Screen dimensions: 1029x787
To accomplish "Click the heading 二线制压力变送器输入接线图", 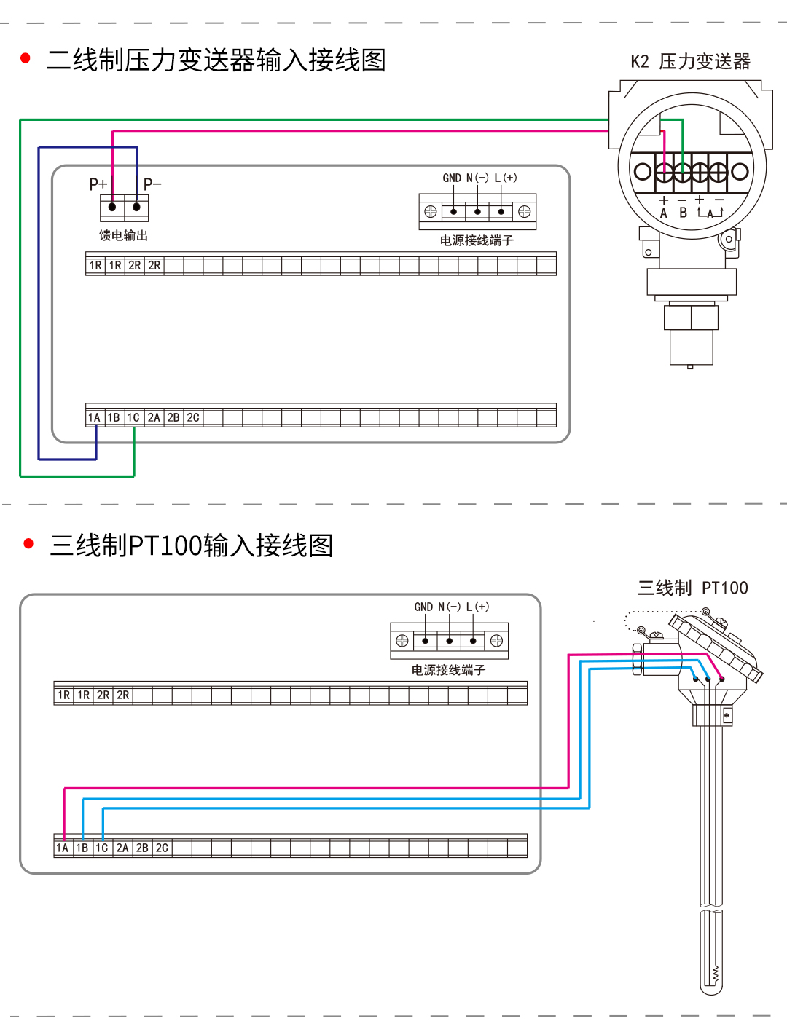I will pyautogui.click(x=216, y=60).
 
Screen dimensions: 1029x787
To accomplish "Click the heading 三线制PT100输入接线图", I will pyautogui.click(x=191, y=545).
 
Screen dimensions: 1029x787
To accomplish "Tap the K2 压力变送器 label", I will pyautogui.click(x=690, y=62).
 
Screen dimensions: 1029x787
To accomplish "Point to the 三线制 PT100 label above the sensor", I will pyautogui.click(x=692, y=588).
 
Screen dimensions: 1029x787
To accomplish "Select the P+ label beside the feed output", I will pyautogui.click(x=98, y=184).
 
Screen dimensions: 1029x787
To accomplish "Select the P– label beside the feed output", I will pyautogui.click(x=152, y=184).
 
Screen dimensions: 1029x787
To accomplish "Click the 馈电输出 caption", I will pyautogui.click(x=123, y=235).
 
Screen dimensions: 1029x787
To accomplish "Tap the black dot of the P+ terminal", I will pyautogui.click(x=112, y=208).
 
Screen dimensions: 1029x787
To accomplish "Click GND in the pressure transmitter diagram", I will pyautogui.click(x=452, y=178).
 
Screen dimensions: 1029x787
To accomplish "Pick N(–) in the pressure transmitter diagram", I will pyautogui.click(x=477, y=178).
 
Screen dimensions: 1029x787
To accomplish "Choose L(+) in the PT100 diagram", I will pyautogui.click(x=477, y=607).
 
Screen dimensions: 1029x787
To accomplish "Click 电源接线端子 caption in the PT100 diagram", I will pyautogui.click(x=448, y=670).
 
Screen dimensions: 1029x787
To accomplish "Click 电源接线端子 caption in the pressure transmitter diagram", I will pyautogui.click(x=477, y=240).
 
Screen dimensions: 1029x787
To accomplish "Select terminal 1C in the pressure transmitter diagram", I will pyautogui.click(x=133, y=417).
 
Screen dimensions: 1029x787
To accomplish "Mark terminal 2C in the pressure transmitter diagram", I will pyautogui.click(x=193, y=417).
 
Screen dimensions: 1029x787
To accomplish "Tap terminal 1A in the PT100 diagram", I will pyautogui.click(x=63, y=848).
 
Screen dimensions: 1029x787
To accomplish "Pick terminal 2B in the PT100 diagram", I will pyautogui.click(x=142, y=848).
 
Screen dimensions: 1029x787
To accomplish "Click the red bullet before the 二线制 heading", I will pyautogui.click(x=26, y=58).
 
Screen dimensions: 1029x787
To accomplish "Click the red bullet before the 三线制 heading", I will pyautogui.click(x=29, y=543).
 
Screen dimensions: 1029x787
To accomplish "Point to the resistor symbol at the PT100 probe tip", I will pyautogui.click(x=716, y=973).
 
